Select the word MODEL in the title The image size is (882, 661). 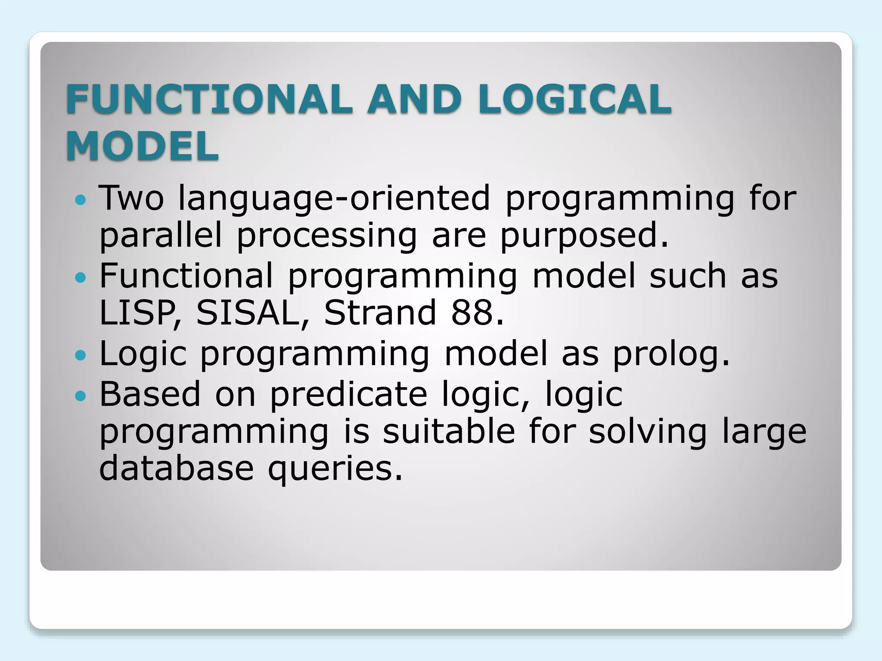[143, 146]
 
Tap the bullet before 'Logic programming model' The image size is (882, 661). [80, 355]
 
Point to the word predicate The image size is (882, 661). [348, 394]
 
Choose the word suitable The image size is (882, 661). [449, 432]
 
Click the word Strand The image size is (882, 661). [380, 312]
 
